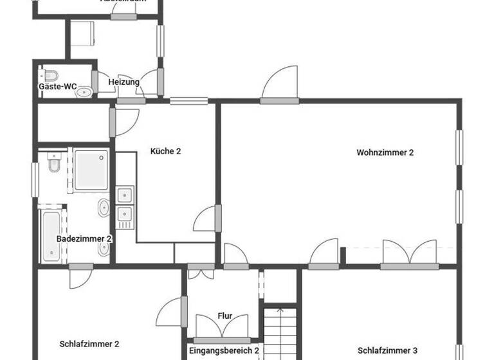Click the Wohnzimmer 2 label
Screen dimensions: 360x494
[385, 153]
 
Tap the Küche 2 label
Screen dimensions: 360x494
[165, 152]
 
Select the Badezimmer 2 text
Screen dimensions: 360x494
[84, 239]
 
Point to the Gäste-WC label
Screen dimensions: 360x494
[58, 86]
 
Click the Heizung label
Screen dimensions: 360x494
[123, 82]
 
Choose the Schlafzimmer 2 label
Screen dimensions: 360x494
[89, 344]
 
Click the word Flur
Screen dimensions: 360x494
[224, 316]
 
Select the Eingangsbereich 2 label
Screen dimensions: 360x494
[224, 351]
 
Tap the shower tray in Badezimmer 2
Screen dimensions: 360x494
[91, 170]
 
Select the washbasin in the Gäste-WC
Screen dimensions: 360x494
[84, 92]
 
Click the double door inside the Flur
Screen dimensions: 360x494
[223, 327]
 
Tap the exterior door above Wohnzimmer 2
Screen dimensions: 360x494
[280, 84]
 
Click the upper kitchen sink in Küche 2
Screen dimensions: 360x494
[124, 194]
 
